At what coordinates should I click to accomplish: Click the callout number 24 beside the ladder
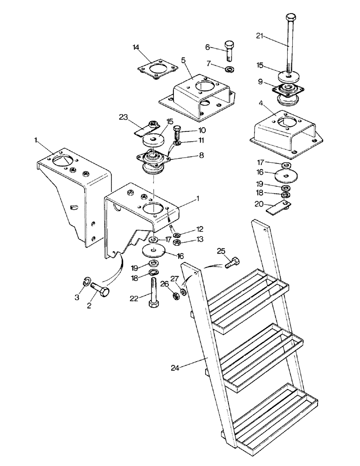tap(175, 367)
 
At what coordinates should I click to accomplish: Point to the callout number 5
tap(183, 60)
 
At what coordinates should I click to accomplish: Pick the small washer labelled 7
tap(229, 69)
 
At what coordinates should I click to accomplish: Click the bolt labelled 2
tap(99, 292)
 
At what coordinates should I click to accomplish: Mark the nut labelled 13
tap(177, 242)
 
